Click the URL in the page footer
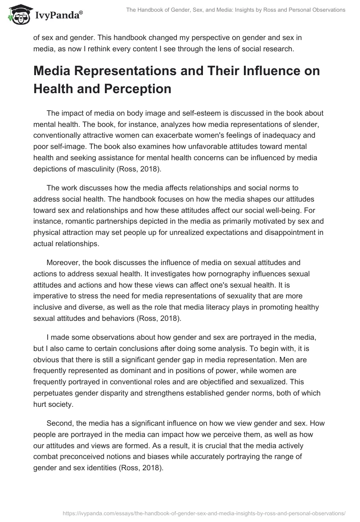coord(194,513)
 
